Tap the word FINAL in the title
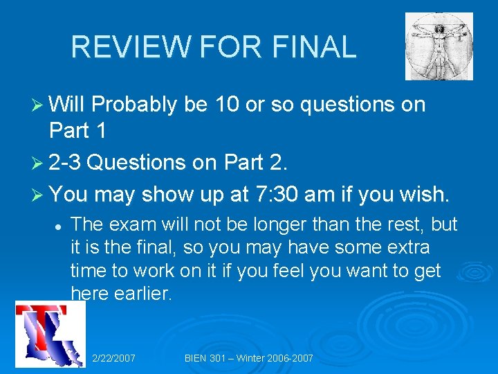[314, 47]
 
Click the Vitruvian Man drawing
[439, 46]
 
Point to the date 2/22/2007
[113, 358]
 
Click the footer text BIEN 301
[207, 358]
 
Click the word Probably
[136, 105]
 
